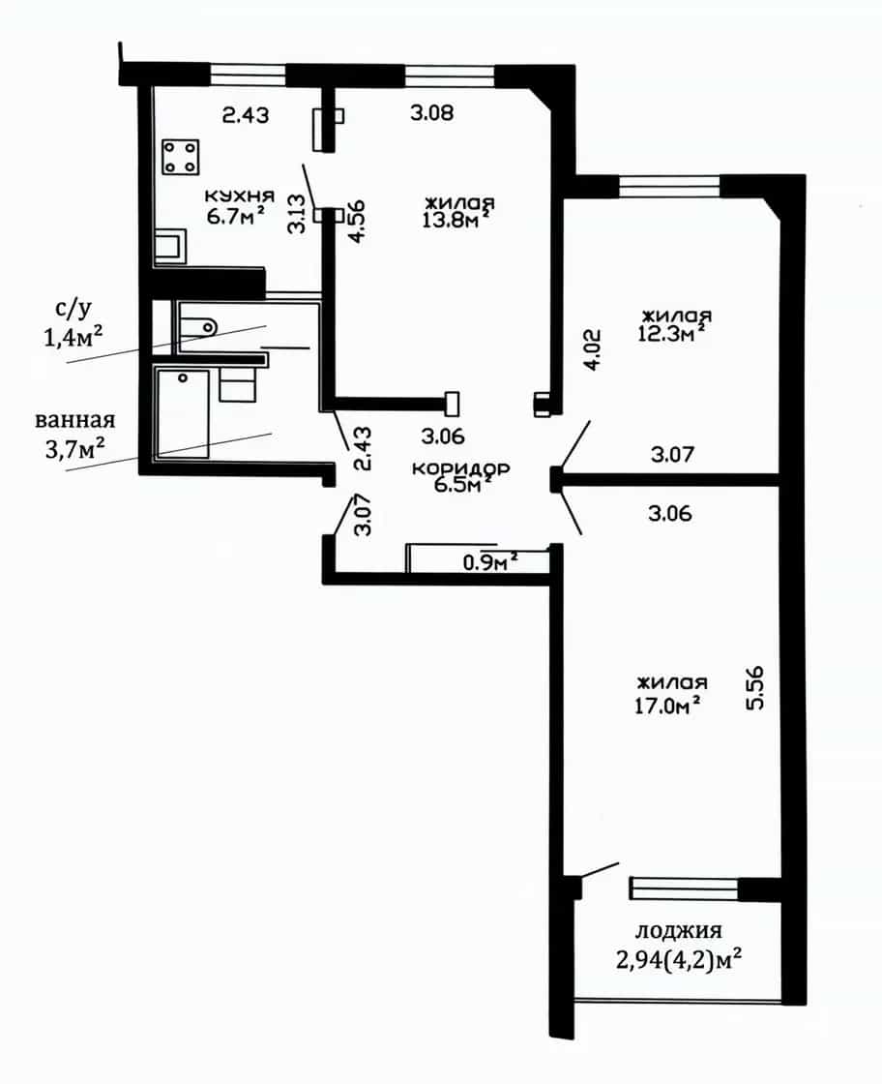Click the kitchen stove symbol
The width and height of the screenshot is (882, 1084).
pyautogui.click(x=181, y=157)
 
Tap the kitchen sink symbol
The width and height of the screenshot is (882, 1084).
pyautogui.click(x=170, y=247)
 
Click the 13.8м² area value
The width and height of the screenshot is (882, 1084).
pyautogui.click(x=456, y=220)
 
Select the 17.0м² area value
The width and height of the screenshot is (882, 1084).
pyautogui.click(x=667, y=706)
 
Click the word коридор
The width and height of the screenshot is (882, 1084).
pyautogui.click(x=460, y=468)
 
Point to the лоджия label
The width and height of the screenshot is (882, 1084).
pyautogui.click(x=678, y=931)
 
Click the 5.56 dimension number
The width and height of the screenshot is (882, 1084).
pyautogui.click(x=755, y=688)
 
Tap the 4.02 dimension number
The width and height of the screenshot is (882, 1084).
pyautogui.click(x=593, y=349)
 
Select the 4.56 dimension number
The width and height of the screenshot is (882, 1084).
pyautogui.click(x=357, y=222)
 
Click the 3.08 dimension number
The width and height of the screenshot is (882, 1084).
pyautogui.click(x=431, y=112)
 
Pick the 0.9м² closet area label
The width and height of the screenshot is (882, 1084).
pyautogui.click(x=491, y=562)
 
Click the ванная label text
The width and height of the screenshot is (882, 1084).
pyautogui.click(x=75, y=420)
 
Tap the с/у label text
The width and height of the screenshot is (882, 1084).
pyautogui.click(x=73, y=309)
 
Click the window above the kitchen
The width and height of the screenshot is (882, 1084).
pyautogui.click(x=248, y=75)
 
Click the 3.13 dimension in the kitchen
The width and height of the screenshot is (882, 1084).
pyautogui.click(x=297, y=214)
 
